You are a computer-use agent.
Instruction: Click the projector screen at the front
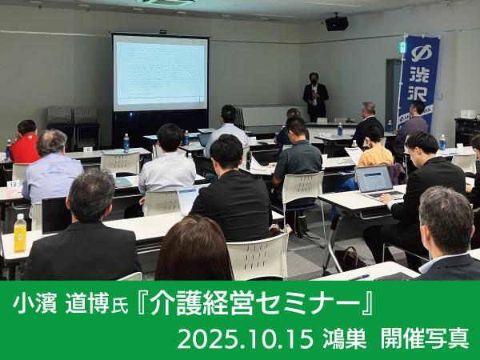pyautogui.click(x=161, y=74)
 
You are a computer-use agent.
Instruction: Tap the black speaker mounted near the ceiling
pyautogui.click(x=337, y=23)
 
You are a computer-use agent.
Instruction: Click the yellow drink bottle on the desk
pyautogui.click(x=20, y=233)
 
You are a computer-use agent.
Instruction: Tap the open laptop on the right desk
pyautogui.click(x=376, y=182)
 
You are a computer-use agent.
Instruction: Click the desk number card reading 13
pyautogui.click(x=13, y=184)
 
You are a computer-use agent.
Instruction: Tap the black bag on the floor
pyautogui.click(x=347, y=258)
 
